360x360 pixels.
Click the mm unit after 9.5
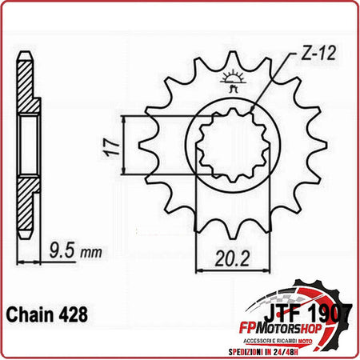tap(90, 252)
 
